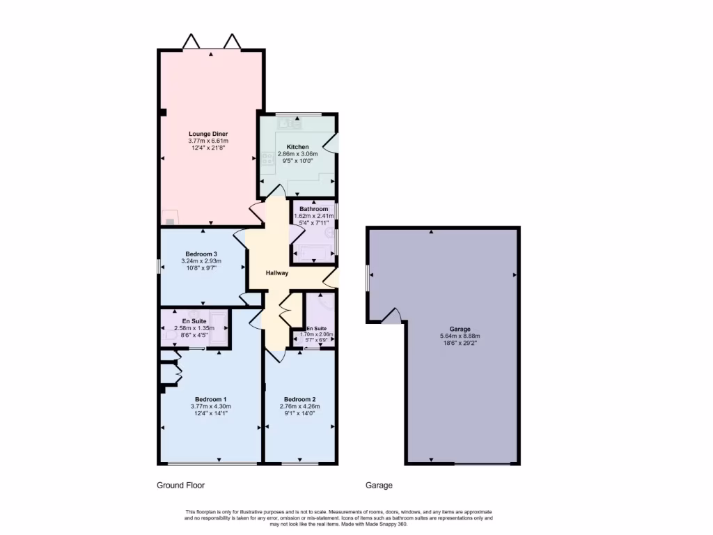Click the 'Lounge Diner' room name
pyautogui.click(x=207, y=134)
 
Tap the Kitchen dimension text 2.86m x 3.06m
pyautogui.click(x=297, y=154)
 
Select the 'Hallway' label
pyautogui.click(x=277, y=272)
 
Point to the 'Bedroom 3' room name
pyautogui.click(x=201, y=254)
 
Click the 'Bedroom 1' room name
pyautogui.click(x=210, y=399)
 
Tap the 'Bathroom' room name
pyautogui.click(x=313, y=209)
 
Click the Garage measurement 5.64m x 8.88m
pyautogui.click(x=460, y=336)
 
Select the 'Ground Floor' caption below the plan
pyautogui.click(x=180, y=485)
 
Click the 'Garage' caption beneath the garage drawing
pyautogui.click(x=379, y=485)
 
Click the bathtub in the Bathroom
pyautogui.click(x=313, y=252)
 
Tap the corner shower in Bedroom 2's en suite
pyautogui.click(x=326, y=304)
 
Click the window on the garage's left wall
pyautogui.click(x=368, y=280)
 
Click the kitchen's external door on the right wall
pyautogui.click(x=333, y=144)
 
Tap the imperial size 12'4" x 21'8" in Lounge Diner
pyautogui.click(x=207, y=148)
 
